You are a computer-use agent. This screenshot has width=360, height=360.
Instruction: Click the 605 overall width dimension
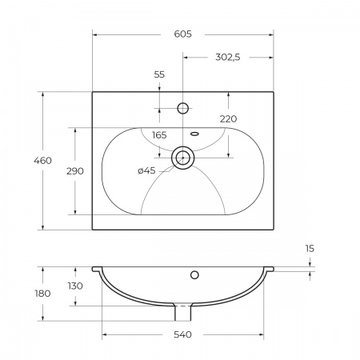(x=182, y=34)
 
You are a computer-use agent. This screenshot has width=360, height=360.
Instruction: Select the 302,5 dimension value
(x=228, y=58)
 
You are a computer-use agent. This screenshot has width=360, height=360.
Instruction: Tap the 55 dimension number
(x=159, y=74)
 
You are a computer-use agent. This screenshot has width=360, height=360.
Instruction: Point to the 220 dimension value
(x=228, y=119)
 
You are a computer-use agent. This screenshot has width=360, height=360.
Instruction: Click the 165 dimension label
(x=159, y=135)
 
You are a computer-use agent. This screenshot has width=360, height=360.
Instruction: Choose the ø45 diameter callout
(x=146, y=170)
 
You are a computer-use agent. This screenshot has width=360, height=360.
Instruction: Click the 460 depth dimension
(x=42, y=161)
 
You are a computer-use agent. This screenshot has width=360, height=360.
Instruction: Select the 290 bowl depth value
(x=75, y=171)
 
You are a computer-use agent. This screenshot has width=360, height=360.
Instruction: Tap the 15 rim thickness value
(x=310, y=249)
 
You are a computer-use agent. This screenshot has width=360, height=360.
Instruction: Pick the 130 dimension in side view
(x=75, y=286)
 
